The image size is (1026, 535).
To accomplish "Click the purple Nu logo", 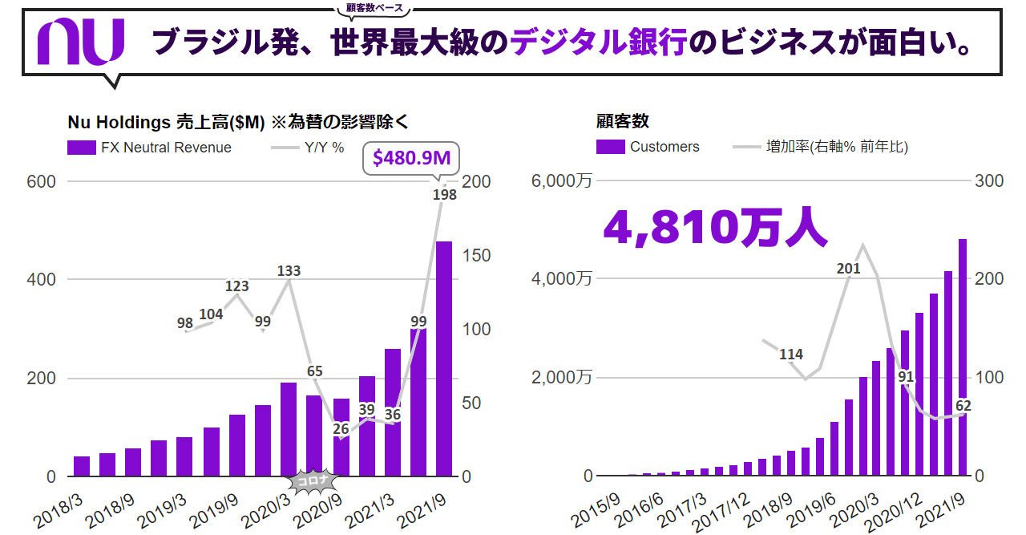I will (81, 43).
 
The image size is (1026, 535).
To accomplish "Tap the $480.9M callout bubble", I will (411, 159).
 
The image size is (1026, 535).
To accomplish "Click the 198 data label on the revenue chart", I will (444, 194).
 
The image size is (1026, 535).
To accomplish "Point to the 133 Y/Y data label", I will (289, 270).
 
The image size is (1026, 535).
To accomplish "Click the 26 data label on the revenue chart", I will (341, 428).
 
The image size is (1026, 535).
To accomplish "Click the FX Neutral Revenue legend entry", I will (150, 148).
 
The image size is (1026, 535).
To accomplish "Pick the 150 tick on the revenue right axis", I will (479, 255).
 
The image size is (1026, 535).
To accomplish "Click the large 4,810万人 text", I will (714, 228).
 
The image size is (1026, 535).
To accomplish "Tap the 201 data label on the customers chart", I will (848, 269).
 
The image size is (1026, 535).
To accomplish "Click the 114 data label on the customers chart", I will (791, 354).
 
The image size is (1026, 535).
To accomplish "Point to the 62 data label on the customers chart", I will (963, 406).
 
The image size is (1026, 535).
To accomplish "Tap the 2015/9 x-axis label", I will (595, 510).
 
